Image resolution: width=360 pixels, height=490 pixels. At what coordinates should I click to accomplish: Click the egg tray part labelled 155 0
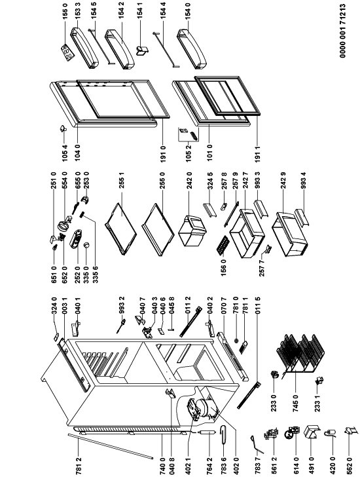(x=67, y=52)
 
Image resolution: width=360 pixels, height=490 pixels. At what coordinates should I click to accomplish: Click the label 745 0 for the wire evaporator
(x=296, y=403)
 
